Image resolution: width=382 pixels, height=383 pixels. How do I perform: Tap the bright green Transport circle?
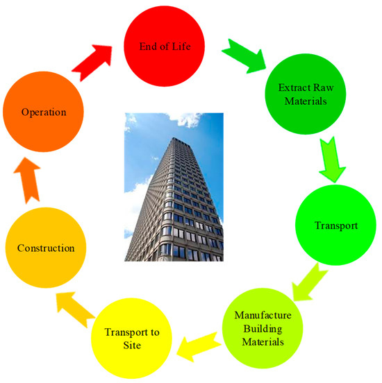tap(335, 225)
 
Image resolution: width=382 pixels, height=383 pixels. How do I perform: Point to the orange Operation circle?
tap(42, 111)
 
